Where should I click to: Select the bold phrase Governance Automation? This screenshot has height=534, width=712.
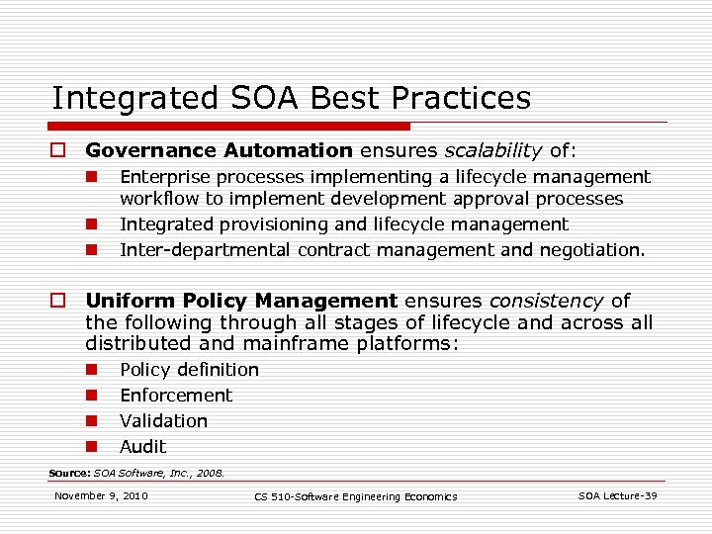(219, 151)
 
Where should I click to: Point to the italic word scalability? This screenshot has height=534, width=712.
(492, 151)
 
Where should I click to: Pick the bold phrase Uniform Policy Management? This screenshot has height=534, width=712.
(241, 301)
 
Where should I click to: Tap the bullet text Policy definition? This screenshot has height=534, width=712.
(189, 370)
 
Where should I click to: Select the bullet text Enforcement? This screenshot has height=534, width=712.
(176, 396)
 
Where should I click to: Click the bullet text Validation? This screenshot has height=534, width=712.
(163, 421)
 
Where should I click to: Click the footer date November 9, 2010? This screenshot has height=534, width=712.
(101, 495)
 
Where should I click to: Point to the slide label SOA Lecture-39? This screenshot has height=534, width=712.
(617, 495)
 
